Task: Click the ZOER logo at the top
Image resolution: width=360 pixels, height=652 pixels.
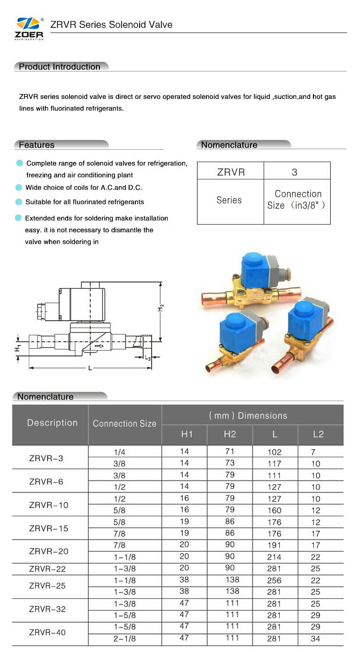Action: pyautogui.click(x=30, y=28)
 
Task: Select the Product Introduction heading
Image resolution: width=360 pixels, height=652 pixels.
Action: pyautogui.click(x=60, y=67)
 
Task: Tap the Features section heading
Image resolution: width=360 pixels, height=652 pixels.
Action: pyautogui.click(x=36, y=145)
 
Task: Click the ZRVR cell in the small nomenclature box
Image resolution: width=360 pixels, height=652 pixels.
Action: pyautogui.click(x=230, y=172)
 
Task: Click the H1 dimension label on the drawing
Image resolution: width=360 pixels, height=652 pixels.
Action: pyautogui.click(x=18, y=348)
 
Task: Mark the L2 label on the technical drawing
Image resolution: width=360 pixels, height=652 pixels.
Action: pyautogui.click(x=148, y=357)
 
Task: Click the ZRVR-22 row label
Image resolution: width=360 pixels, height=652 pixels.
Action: pyautogui.click(x=47, y=569)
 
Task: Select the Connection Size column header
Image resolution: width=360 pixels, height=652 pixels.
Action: pyautogui.click(x=124, y=424)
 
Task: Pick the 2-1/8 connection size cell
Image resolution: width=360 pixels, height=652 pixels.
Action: pyautogui.click(x=125, y=638)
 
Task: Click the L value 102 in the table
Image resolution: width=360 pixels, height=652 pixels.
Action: pyautogui.click(x=274, y=452)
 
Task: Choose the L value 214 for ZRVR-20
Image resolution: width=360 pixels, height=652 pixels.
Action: pyautogui.click(x=274, y=557)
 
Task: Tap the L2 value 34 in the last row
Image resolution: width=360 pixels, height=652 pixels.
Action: pyautogui.click(x=315, y=639)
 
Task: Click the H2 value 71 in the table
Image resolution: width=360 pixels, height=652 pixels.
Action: pyautogui.click(x=230, y=451)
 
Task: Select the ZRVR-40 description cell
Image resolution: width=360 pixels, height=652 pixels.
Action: pyautogui.click(x=47, y=632)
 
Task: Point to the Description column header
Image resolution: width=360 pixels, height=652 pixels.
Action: pyautogui.click(x=52, y=423)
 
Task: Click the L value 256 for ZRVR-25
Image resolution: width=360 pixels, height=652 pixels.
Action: pyautogui.click(x=274, y=581)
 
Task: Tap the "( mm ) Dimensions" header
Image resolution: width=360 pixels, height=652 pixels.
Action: pyautogui.click(x=248, y=415)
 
